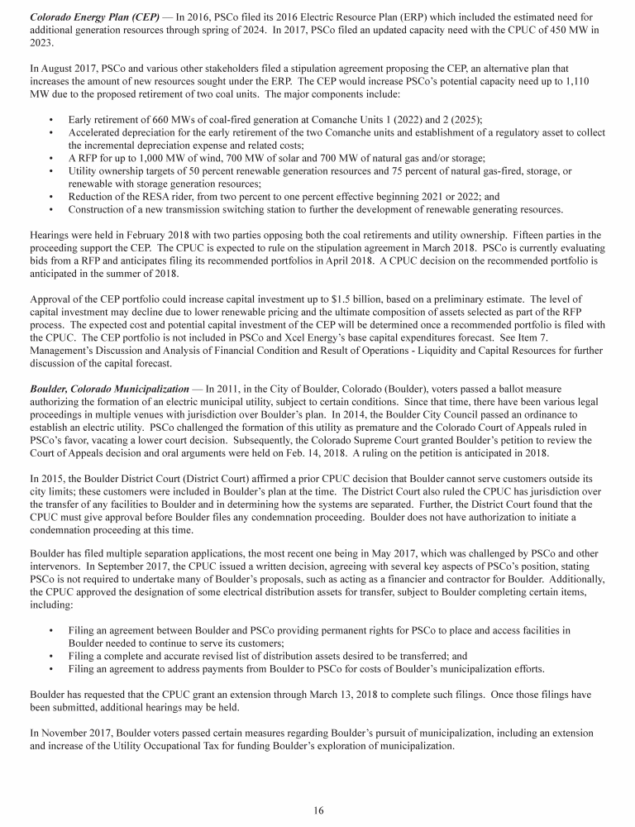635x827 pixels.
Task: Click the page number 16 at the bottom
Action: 318,810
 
